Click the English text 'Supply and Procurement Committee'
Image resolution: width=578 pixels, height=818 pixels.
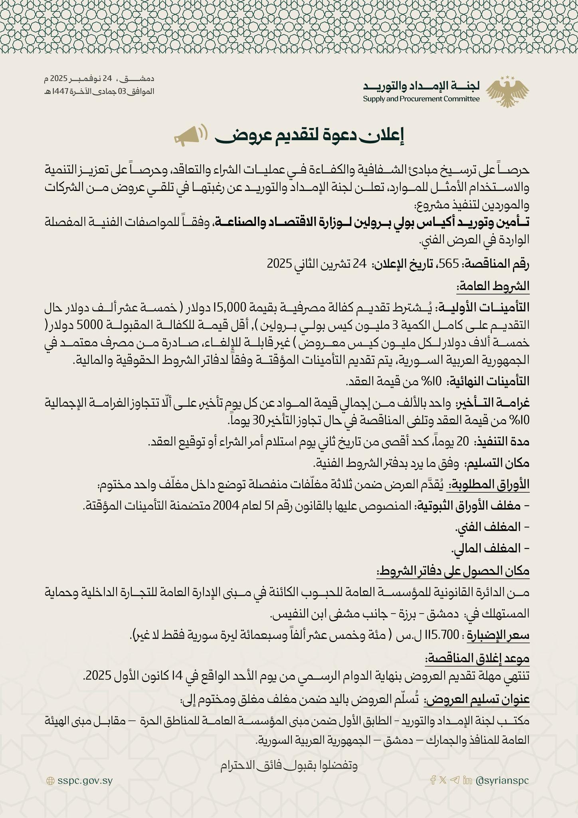click(x=421, y=99)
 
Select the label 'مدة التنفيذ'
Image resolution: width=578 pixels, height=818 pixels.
click(x=504, y=441)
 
